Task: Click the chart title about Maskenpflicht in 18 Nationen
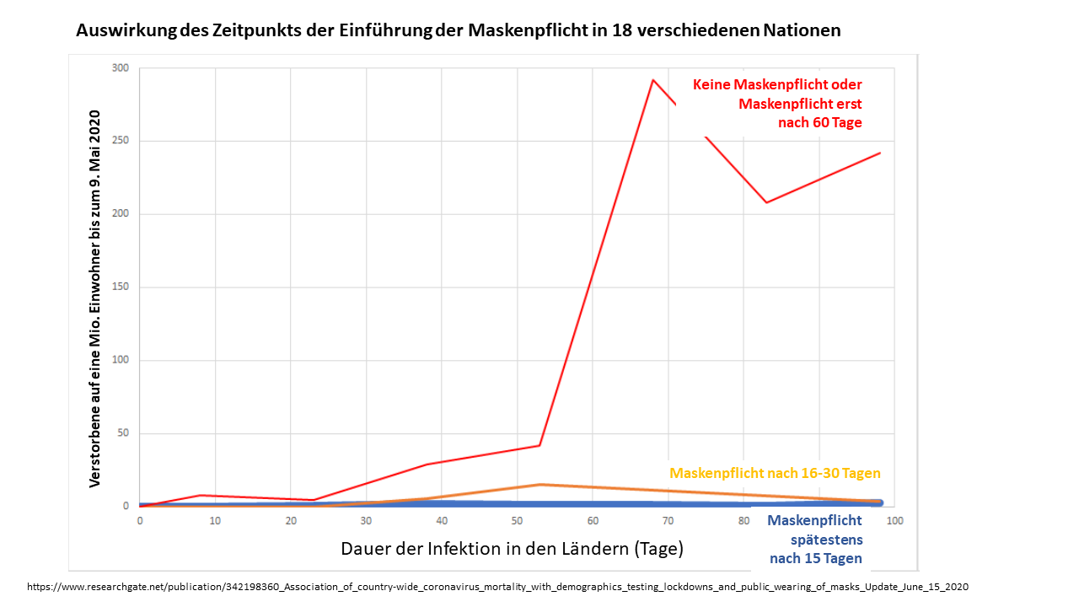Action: click(x=458, y=31)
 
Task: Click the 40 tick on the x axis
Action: click(x=442, y=521)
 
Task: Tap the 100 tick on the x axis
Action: click(x=894, y=521)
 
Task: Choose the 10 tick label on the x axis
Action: click(x=215, y=521)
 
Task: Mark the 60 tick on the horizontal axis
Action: click(x=593, y=521)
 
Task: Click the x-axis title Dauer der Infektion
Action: click(x=512, y=548)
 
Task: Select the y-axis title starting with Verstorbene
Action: click(x=95, y=298)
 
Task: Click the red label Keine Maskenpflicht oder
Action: click(x=777, y=84)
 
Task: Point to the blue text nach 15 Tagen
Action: click(x=815, y=558)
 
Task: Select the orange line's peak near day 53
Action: click(x=540, y=484)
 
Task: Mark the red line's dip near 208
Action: click(x=766, y=202)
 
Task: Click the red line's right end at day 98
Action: click(x=880, y=153)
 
